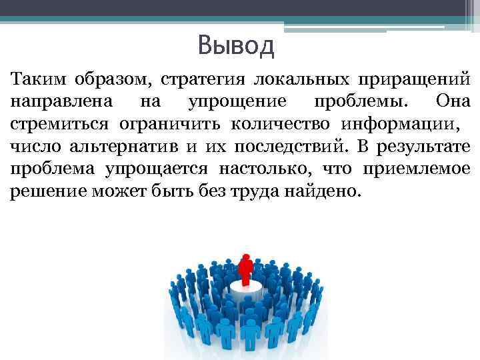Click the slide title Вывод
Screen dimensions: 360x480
click(x=236, y=47)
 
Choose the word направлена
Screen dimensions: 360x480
click(x=55, y=103)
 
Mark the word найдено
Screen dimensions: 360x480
click(x=327, y=191)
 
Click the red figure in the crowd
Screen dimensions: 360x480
click(x=246, y=270)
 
